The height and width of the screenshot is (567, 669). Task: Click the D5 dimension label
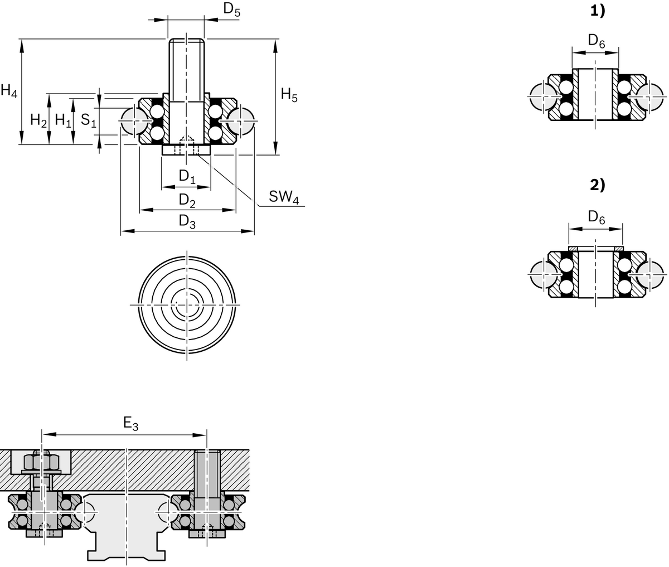[x=232, y=9]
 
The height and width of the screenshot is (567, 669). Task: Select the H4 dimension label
[x=9, y=91]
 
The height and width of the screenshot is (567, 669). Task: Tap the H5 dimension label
[x=289, y=95]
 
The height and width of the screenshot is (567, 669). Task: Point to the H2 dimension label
[x=38, y=120]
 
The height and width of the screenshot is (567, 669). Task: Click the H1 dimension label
[x=63, y=120]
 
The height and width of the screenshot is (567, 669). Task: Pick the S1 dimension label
[x=89, y=120]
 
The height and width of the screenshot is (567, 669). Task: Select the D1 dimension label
[x=187, y=177]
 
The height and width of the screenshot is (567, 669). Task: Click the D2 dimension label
[x=187, y=200]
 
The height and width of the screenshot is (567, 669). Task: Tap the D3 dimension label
[x=187, y=221]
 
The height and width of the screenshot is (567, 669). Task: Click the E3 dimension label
[x=130, y=424]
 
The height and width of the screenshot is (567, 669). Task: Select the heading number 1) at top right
[x=597, y=12]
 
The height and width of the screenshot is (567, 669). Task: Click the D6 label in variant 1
[x=597, y=41]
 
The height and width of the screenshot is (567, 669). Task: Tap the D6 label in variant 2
[x=597, y=217]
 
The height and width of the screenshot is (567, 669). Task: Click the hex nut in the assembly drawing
[x=42, y=462]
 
